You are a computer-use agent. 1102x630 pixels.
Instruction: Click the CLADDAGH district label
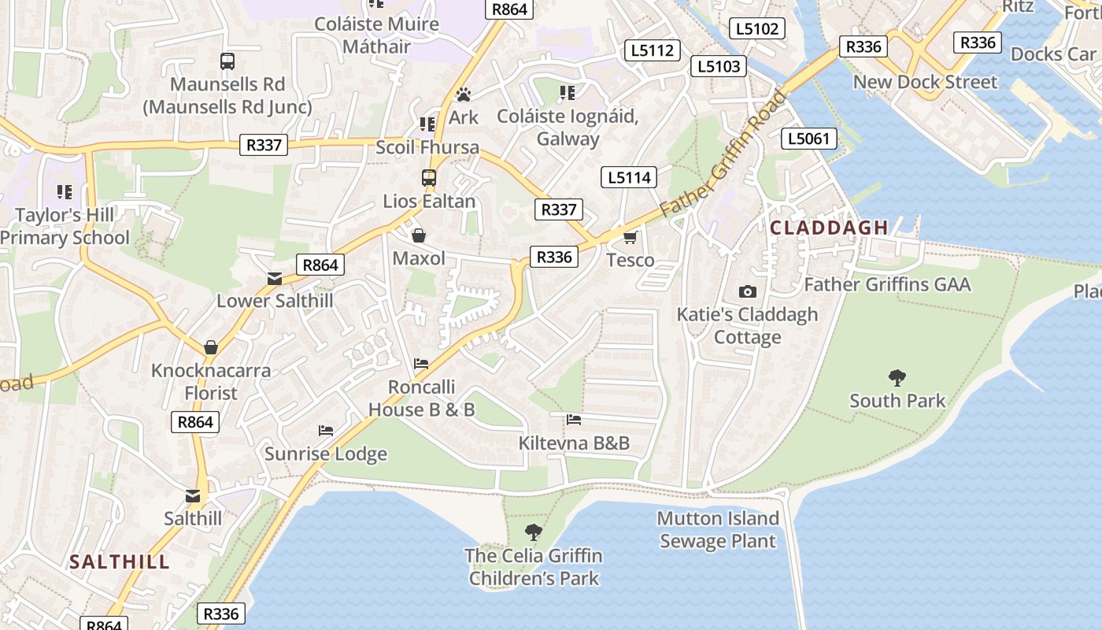[829, 228]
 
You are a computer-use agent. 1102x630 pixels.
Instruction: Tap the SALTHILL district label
[119, 561]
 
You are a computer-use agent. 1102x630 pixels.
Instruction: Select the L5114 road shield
[629, 178]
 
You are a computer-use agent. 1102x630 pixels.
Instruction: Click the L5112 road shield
[653, 50]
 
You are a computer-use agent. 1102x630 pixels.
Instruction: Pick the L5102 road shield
[757, 29]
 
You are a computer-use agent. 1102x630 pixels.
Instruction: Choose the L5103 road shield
[719, 67]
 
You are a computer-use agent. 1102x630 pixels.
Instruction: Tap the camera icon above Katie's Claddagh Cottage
[747, 292]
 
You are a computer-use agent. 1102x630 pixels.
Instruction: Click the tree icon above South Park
[897, 378]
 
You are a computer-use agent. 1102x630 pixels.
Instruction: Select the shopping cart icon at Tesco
[630, 237]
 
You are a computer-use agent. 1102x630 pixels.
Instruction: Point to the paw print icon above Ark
[464, 95]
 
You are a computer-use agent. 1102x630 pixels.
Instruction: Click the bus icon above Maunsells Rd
[227, 61]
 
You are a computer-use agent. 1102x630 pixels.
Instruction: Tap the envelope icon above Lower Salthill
[274, 279]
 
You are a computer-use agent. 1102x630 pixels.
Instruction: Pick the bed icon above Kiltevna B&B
[574, 420]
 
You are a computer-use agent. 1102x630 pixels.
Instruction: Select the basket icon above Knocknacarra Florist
[211, 347]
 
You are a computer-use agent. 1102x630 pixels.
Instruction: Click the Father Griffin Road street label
[723, 154]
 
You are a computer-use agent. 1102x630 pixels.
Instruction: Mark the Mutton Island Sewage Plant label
[718, 529]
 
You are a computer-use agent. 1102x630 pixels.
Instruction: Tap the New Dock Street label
[925, 82]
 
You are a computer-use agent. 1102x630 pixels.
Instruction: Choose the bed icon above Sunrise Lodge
[325, 431]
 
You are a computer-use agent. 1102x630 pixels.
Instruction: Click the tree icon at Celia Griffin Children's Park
[534, 532]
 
